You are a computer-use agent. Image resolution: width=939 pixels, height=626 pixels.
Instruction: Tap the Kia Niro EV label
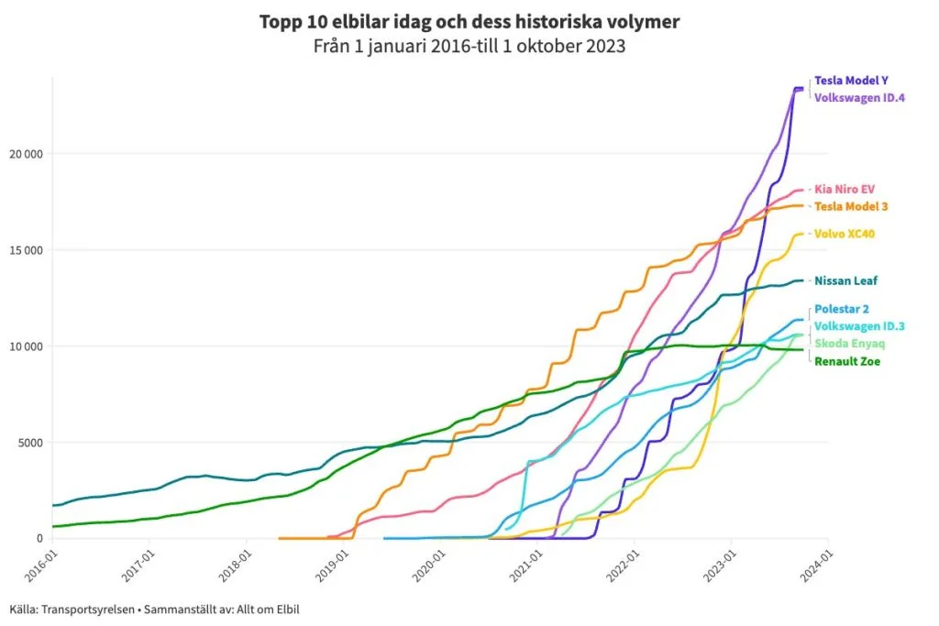click(845, 189)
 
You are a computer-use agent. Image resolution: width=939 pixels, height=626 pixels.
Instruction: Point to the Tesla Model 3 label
click(851, 206)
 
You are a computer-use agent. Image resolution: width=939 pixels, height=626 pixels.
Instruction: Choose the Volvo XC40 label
click(845, 234)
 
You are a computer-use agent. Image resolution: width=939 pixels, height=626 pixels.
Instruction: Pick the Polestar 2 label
click(843, 309)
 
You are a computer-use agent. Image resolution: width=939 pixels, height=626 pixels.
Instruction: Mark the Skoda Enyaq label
click(848, 344)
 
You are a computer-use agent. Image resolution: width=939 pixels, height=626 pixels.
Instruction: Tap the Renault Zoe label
click(846, 361)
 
